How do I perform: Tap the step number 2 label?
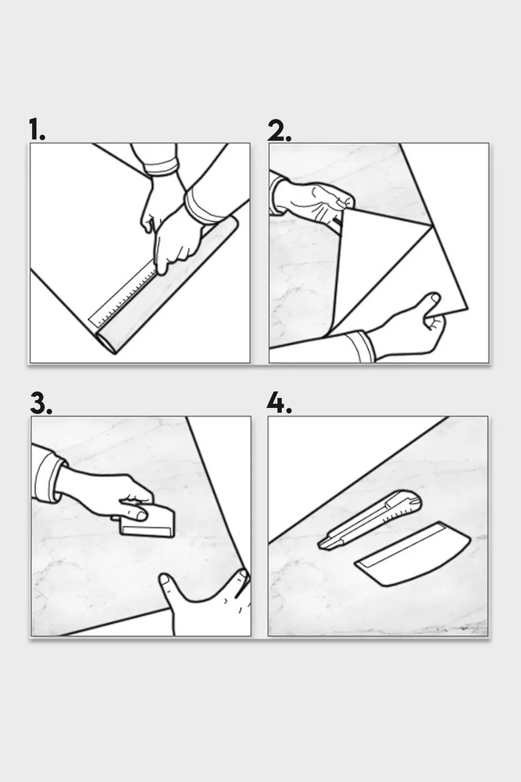pos(279,130)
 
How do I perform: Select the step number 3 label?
pos(41,403)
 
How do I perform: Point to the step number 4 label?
pos(279,403)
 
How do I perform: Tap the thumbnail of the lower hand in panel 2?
pos(435,298)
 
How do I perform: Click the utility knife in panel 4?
pos(370,519)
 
